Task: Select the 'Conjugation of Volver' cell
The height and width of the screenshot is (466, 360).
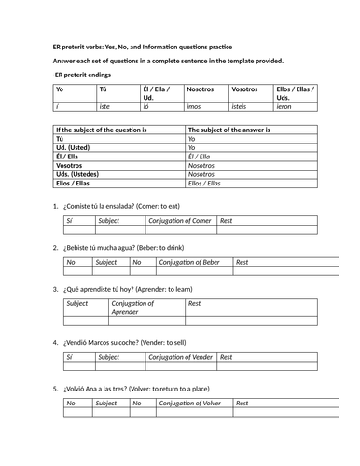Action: tap(195, 403)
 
